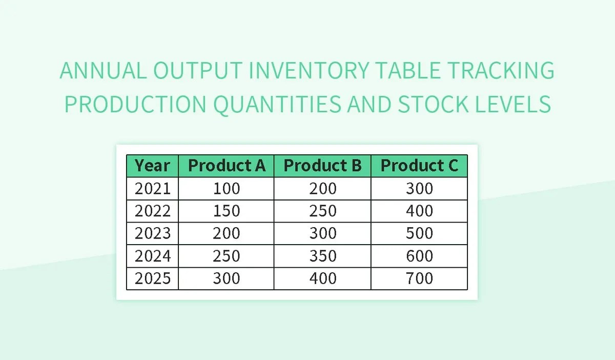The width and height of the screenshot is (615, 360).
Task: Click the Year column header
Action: pyautogui.click(x=152, y=166)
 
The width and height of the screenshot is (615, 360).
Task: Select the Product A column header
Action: pyautogui.click(x=227, y=166)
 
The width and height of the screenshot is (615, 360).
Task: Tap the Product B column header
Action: pyautogui.click(x=322, y=166)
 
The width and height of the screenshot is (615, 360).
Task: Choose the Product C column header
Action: pyautogui.click(x=419, y=166)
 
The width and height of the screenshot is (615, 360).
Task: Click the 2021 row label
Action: pyautogui.click(x=152, y=189)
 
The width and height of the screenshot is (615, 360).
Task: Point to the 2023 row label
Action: pyautogui.click(x=152, y=233)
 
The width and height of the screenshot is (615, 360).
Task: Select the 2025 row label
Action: pyautogui.click(x=152, y=278)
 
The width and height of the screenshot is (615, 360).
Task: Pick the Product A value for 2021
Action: pyautogui.click(x=227, y=189)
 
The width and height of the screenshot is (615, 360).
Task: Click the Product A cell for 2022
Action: pyautogui.click(x=227, y=211)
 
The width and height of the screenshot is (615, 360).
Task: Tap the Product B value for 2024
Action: pyautogui.click(x=322, y=256)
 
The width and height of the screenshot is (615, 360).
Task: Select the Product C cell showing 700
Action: pyautogui.click(x=419, y=278)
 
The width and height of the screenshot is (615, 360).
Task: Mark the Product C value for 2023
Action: pyautogui.click(x=419, y=233)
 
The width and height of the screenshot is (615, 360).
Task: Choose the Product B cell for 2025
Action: pyautogui.click(x=322, y=278)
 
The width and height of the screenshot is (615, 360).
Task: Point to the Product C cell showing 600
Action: pyautogui.click(x=419, y=256)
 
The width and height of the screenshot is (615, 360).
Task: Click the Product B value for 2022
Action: pyautogui.click(x=322, y=211)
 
